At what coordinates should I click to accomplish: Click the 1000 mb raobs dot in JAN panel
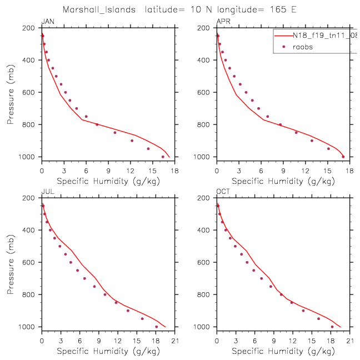163,157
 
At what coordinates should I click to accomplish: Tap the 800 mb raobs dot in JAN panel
97,124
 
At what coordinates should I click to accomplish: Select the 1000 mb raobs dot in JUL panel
156,327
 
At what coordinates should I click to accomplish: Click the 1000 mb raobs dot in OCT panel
332,327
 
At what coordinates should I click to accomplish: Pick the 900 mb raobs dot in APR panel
312,141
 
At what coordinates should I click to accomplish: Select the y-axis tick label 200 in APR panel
206,28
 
